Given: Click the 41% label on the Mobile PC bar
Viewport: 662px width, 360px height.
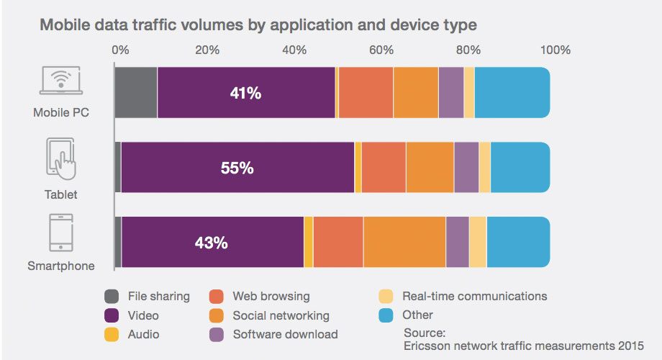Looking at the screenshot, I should (246, 94).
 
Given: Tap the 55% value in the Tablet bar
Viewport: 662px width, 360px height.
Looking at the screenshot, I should (237, 168).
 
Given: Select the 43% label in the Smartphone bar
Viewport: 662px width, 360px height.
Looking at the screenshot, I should (211, 243).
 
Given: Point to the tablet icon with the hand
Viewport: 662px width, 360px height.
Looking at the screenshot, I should (62, 159).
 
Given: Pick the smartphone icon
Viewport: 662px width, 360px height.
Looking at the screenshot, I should (61, 232).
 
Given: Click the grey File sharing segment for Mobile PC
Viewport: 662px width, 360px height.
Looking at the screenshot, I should (136, 93).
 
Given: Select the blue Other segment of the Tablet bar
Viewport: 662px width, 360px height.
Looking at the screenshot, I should (520, 168).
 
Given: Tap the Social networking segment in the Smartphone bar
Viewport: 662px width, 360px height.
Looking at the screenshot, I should (404, 242).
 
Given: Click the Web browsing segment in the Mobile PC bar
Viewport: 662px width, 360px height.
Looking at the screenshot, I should (366, 93).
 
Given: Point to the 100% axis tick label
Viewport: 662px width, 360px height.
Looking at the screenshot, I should (556, 50).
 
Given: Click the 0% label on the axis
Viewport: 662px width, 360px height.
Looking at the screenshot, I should (120, 50).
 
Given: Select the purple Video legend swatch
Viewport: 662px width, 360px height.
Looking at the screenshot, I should (112, 315).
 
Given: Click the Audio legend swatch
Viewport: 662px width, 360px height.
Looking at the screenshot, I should (112, 334).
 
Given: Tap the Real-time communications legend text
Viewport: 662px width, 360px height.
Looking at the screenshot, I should (474, 297).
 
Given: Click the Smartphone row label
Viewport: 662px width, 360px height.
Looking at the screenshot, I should (61, 266).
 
